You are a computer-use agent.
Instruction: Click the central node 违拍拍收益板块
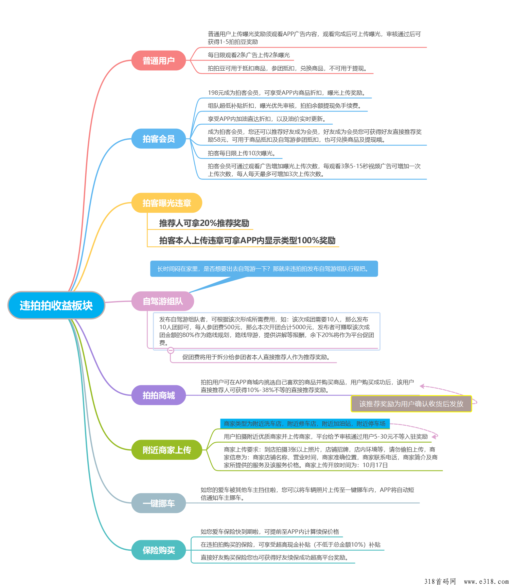[56, 305]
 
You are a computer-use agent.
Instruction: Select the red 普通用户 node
[159, 60]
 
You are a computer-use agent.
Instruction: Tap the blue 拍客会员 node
[159, 139]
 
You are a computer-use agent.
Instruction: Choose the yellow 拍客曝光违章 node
[167, 203]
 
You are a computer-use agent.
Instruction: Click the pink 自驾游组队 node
[163, 301]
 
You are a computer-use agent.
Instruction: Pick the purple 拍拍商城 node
[159, 395]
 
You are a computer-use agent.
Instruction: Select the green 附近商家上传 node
[167, 450]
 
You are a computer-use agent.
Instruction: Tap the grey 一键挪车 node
[159, 503]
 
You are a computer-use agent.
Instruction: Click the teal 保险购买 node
[159, 550]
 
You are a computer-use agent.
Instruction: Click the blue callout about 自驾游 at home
[264, 269]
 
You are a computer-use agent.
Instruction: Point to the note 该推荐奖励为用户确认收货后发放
[411, 404]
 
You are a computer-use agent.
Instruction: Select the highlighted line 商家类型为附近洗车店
[305, 424]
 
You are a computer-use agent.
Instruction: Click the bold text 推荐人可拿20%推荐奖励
[204, 223]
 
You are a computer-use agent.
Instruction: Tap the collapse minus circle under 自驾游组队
[171, 350]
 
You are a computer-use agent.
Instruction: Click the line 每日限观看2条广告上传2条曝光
[249, 55]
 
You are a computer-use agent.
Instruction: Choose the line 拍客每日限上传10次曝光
[242, 153]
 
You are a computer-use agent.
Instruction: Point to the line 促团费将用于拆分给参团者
[256, 357]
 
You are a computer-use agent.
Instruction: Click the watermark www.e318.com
[486, 581]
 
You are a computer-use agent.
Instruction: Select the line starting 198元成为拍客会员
[287, 93]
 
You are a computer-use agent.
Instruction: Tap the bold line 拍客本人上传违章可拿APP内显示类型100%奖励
[247, 241]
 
